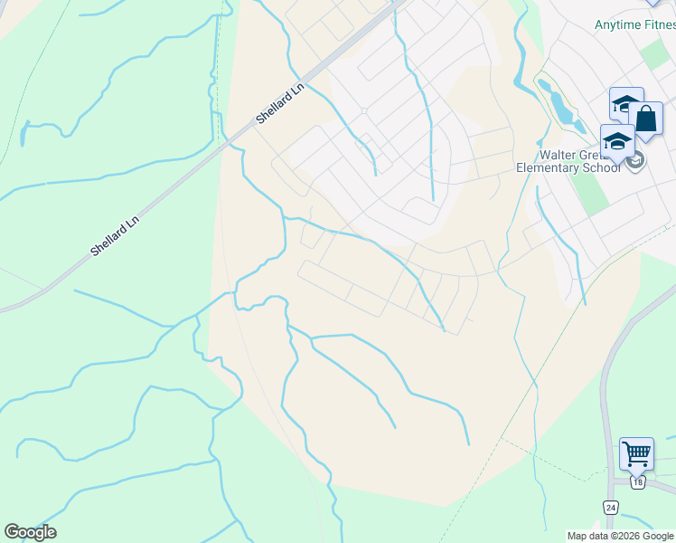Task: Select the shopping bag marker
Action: (x=646, y=119)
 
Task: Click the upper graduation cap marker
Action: (x=625, y=103)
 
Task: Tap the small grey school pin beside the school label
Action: (x=635, y=161)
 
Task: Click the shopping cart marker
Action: (x=636, y=452)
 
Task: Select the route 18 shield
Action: (x=638, y=482)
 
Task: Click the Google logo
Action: (x=30, y=532)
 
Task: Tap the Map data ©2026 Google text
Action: (x=620, y=536)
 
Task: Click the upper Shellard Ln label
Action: (x=279, y=106)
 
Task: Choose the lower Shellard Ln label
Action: (x=114, y=235)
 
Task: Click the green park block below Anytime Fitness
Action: (x=655, y=54)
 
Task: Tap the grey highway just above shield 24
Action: (x=607, y=471)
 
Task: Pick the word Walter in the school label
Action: (x=557, y=154)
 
